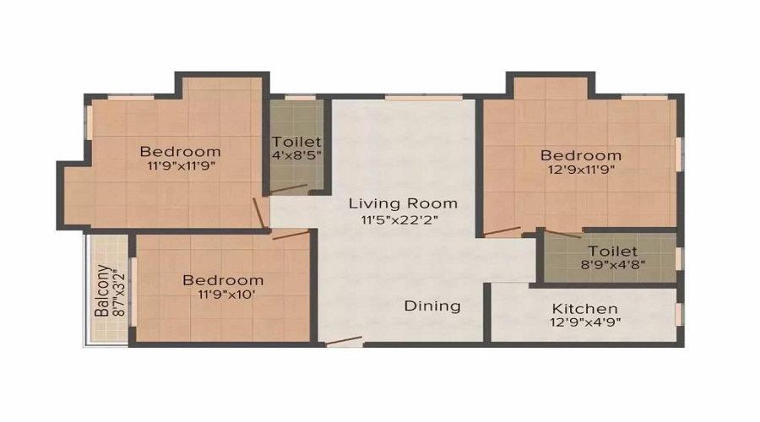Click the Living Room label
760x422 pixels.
(x=403, y=203)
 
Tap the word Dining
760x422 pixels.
(x=432, y=306)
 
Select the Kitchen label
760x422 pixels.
(x=584, y=309)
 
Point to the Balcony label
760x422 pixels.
(x=101, y=291)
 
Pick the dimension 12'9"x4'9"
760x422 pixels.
(x=584, y=324)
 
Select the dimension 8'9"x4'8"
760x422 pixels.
(x=613, y=266)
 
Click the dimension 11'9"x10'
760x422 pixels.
(x=223, y=295)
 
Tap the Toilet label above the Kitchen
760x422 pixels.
(x=613, y=251)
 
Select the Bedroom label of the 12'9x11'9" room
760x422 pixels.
(x=581, y=155)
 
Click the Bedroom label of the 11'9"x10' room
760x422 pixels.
(x=223, y=280)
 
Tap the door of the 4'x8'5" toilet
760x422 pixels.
(x=288, y=189)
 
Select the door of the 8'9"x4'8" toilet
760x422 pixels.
(x=561, y=232)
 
